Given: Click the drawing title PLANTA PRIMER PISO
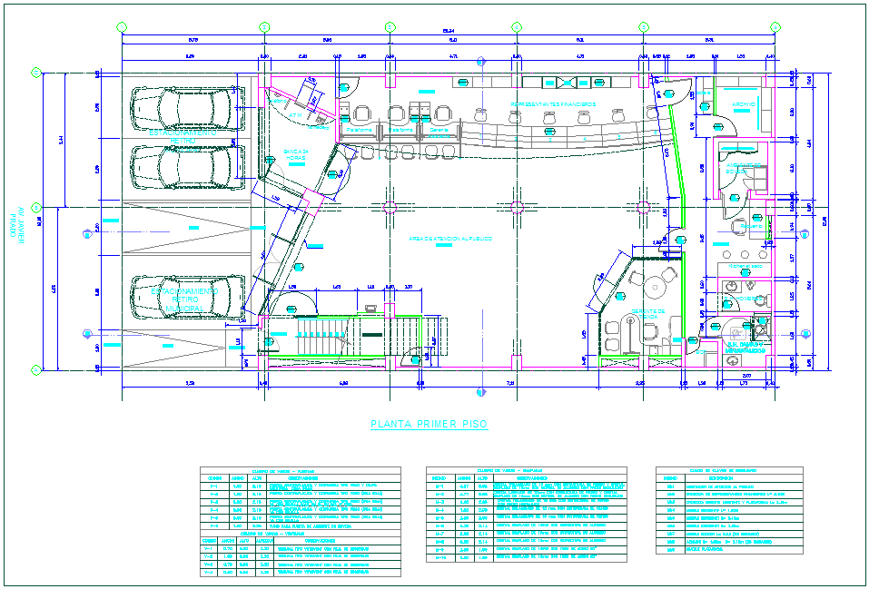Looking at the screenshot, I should coord(430,424).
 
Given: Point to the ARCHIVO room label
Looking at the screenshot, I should coord(745,105).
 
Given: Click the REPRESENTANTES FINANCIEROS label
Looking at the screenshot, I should coord(552,104).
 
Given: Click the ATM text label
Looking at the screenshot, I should coord(295,116).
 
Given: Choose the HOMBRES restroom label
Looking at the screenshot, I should coord(744,298).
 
